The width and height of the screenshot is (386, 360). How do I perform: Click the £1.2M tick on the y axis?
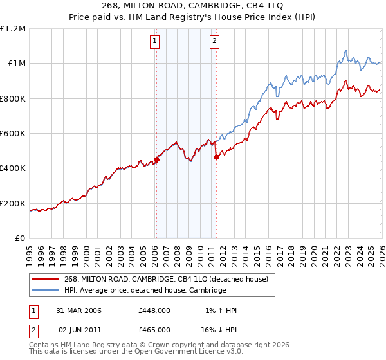tap(13, 28)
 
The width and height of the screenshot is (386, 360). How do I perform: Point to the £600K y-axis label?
tap(13, 134)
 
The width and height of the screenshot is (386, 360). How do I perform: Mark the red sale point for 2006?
tap(156, 160)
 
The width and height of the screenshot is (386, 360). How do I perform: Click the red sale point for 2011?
tap(216, 157)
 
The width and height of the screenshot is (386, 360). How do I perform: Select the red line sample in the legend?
tap(46, 278)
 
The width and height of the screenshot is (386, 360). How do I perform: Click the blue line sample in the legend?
tap(46, 291)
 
